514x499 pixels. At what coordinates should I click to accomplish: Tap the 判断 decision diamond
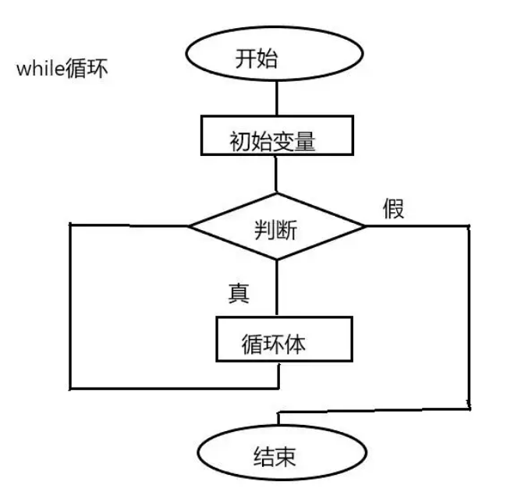pos(277,228)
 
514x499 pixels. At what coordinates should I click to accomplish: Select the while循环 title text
pos(62,69)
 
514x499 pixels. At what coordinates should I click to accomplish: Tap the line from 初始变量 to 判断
pos(276,173)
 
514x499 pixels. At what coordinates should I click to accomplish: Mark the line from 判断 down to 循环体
pos(278,288)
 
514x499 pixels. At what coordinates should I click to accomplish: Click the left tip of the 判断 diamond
pos(191,227)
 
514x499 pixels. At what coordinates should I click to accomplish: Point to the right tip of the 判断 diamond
pos(363,227)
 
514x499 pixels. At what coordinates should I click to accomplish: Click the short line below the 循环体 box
pos(278,374)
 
